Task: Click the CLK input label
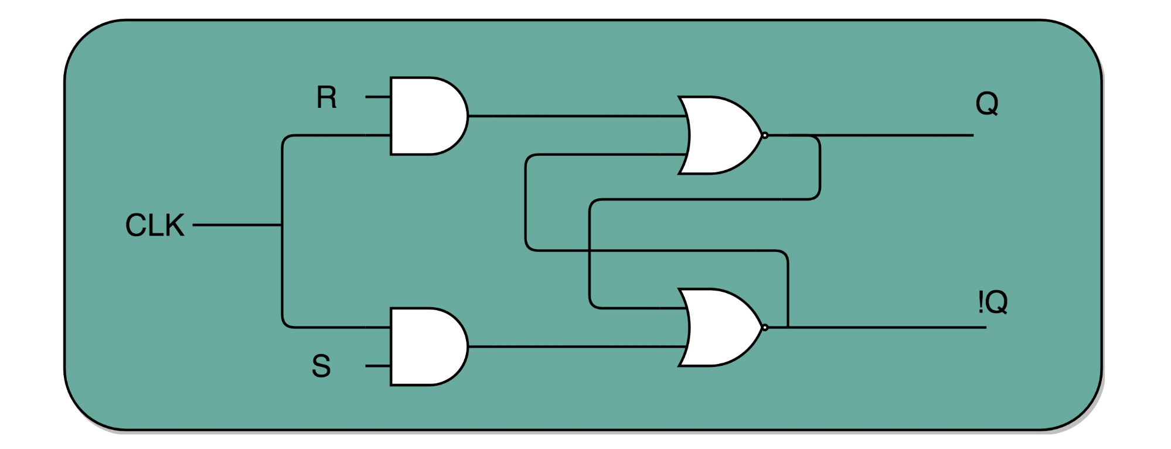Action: pos(155,225)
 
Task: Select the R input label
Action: pos(326,98)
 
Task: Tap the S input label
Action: pos(321,366)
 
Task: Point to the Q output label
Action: pos(987,104)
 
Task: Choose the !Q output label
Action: pos(992,302)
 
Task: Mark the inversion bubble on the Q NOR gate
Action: pos(765,135)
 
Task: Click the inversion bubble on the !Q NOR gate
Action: pos(765,327)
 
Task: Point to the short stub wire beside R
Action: pos(378,97)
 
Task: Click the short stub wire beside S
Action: pos(378,366)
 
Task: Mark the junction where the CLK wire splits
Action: pos(282,224)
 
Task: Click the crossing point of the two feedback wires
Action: pos(590,251)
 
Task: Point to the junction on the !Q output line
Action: pos(788,327)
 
